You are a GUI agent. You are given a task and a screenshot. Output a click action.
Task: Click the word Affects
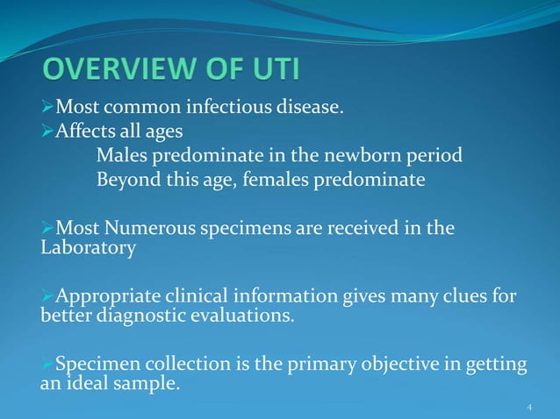(x=86, y=133)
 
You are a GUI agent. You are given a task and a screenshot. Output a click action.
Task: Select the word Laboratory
(x=89, y=248)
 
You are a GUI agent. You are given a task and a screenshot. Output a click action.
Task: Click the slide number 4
(x=529, y=408)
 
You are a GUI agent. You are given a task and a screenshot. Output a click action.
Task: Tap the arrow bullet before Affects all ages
(x=48, y=133)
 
